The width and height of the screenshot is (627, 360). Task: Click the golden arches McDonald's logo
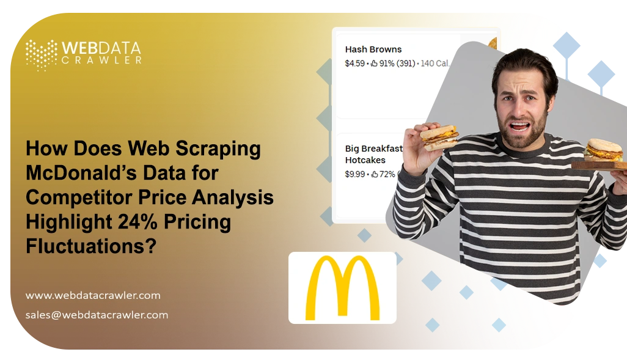[342, 288]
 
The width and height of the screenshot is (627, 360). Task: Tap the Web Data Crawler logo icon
[42, 54]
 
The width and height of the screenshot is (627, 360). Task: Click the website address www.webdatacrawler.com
[93, 295]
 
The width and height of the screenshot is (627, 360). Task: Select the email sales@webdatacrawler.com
[97, 315]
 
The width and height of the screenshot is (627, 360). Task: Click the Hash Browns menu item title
[373, 50]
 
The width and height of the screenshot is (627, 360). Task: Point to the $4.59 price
[354, 63]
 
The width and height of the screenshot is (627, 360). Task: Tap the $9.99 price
[354, 174]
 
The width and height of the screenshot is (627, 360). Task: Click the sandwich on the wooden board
[604, 150]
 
